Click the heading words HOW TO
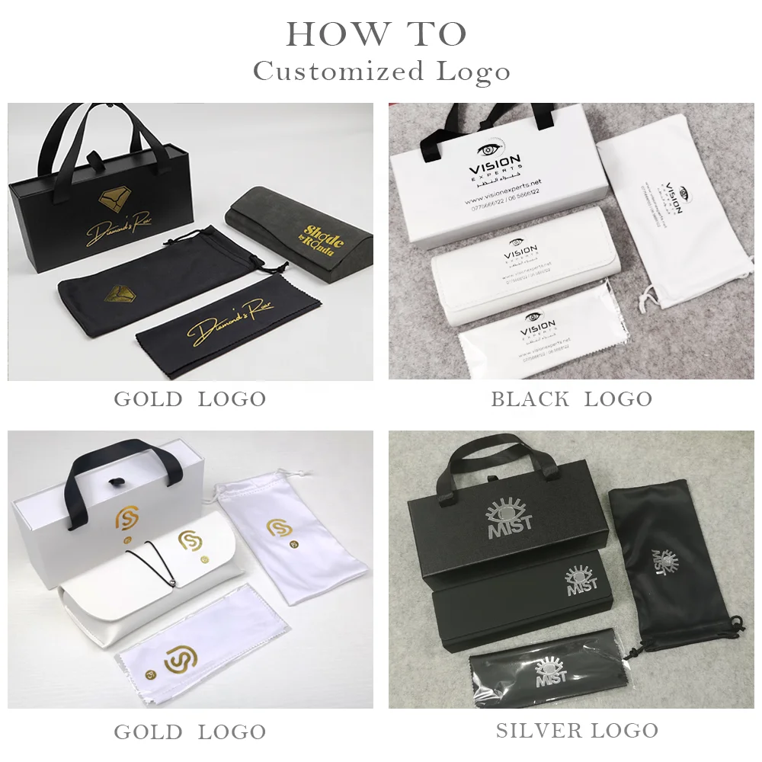376,34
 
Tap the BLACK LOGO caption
571,399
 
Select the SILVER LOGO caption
577,730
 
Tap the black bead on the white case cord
175,584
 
